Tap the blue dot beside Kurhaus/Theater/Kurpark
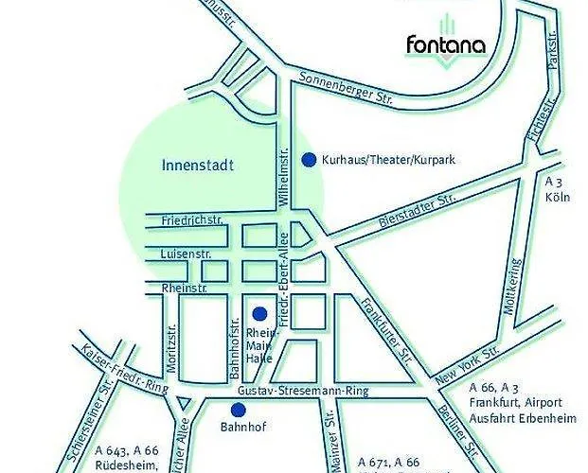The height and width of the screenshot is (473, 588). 308,160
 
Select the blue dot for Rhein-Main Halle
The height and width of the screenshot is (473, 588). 258,313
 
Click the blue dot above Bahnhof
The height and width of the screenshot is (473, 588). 239,409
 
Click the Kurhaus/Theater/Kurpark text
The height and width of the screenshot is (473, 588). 389,160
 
